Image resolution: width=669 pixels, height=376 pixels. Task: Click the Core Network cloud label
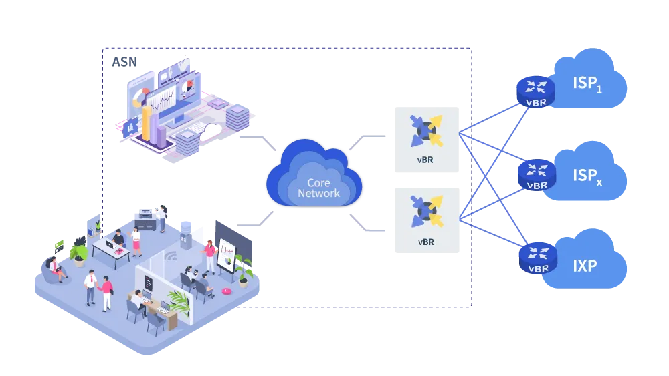pos(318,188)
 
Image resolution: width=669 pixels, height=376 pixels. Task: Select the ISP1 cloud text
pos(587,84)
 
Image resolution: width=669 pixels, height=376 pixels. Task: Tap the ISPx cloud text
pos(587,176)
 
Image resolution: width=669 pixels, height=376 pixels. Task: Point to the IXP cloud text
pos(585,265)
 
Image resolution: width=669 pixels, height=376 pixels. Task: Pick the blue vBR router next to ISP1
pos(536,91)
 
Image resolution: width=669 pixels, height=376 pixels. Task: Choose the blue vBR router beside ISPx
pos(537,174)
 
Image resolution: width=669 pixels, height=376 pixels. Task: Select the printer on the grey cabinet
pos(145,215)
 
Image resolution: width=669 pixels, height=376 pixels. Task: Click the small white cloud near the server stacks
pos(211,131)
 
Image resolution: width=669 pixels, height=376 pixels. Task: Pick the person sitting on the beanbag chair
pos(55,268)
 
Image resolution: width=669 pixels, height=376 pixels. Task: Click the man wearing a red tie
pos(90,286)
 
